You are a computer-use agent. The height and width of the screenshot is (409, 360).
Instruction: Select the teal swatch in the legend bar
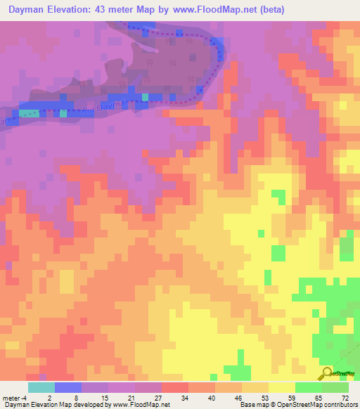pyautogui.click(x=41, y=387)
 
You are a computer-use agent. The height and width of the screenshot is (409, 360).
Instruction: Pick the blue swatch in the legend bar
pyautogui.click(x=68, y=387)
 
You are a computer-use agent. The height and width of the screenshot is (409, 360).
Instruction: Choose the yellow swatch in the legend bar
pyautogui.click(x=282, y=387)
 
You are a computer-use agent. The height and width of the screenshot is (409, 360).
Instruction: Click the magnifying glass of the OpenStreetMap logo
pyautogui.click(x=326, y=372)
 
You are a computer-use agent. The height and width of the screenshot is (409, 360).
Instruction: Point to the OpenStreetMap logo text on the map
pyautogui.click(x=345, y=374)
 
